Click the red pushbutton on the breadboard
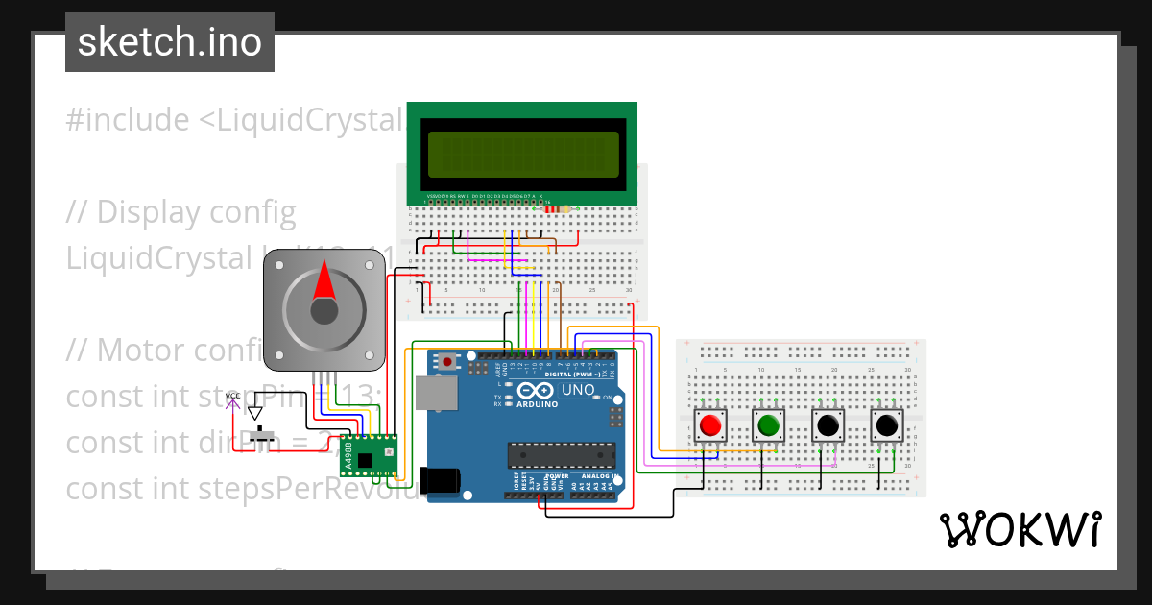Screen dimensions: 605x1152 coord(710,424)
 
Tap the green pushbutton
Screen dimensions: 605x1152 coord(768,424)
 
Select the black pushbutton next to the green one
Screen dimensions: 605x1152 coord(828,424)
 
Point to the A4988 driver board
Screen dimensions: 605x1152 coord(369,455)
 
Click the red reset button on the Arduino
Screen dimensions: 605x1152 coord(447,362)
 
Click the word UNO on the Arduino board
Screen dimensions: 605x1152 coord(578,390)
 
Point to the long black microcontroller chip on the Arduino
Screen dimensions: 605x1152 coord(562,452)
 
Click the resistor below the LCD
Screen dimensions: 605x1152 coord(555,208)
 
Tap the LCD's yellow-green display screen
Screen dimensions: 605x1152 coord(523,155)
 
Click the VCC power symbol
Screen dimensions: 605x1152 coord(232,399)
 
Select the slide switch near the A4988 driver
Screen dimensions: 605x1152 coord(259,437)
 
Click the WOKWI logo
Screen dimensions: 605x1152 coord(1020,529)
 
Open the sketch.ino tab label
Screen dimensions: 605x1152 coord(170,42)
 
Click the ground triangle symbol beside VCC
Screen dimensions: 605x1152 coord(254,413)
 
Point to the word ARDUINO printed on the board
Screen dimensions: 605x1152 coord(537,403)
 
